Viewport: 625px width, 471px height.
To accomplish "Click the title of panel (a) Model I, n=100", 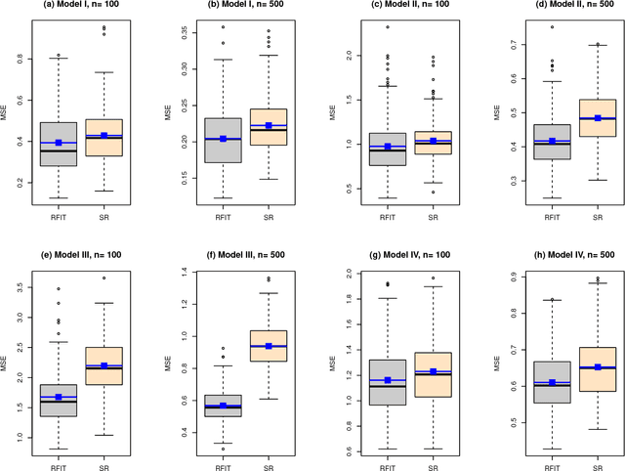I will pos(85,9).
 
